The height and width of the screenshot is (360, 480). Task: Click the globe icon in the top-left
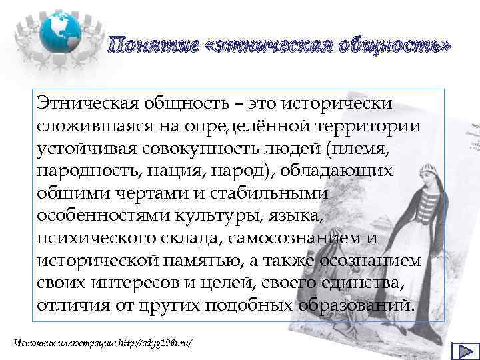[61, 27]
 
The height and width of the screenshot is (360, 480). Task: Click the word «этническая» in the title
[259, 46]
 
